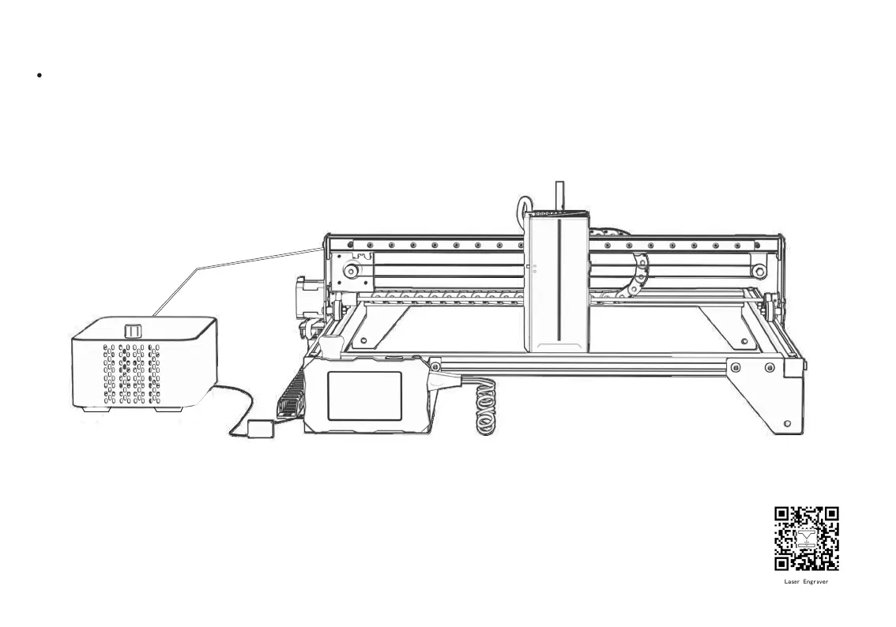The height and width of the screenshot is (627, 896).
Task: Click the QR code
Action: click(806, 539)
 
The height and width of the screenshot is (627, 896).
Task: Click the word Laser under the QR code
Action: click(792, 582)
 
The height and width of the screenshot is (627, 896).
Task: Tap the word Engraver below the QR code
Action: click(816, 582)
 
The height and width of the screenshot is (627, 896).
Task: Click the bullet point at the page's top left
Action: click(38, 75)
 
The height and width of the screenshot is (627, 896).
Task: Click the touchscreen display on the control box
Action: click(363, 395)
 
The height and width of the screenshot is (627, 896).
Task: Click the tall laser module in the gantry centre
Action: click(558, 284)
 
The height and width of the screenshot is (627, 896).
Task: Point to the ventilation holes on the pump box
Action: click(131, 371)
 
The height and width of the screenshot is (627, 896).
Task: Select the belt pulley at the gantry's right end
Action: click(759, 272)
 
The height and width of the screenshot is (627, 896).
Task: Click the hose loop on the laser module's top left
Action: click(523, 208)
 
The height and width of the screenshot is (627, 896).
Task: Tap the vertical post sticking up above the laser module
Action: click(560, 196)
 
